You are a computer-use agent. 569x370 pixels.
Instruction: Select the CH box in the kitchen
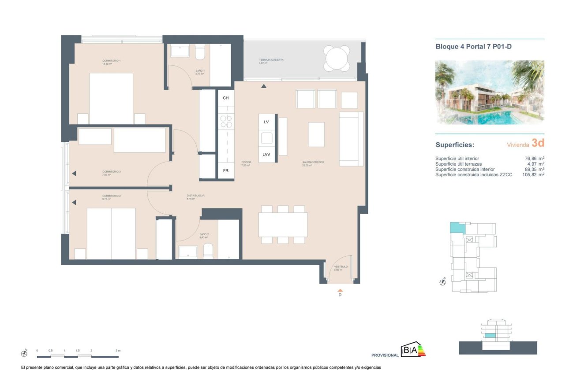[x=226, y=98]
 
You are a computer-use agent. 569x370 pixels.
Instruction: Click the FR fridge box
[x=226, y=170]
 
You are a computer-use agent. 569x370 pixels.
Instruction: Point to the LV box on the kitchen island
[x=266, y=122]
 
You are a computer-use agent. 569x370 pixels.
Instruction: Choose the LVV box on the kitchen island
[x=266, y=155]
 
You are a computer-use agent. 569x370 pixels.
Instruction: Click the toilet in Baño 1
[x=200, y=52]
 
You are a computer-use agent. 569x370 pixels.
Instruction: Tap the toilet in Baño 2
[x=208, y=252]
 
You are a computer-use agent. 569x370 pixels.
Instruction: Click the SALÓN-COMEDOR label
[x=313, y=162]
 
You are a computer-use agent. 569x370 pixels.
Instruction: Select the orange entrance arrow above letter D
[x=340, y=290]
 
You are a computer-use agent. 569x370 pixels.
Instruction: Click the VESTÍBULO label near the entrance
[x=341, y=266]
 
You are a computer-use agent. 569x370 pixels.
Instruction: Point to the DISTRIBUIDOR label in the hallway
[x=195, y=196]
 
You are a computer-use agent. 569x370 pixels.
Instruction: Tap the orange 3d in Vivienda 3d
[x=538, y=143]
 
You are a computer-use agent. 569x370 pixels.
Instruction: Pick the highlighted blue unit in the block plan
[x=457, y=227]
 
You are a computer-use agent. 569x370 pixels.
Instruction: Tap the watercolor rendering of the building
[x=490, y=92]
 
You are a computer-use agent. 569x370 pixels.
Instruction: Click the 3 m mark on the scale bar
[x=118, y=351]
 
